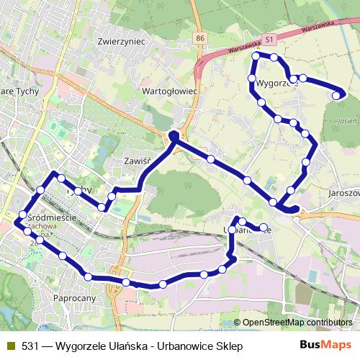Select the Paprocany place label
74,297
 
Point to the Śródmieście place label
51,215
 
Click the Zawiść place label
136,161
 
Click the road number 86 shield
199,36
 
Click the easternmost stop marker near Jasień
336,94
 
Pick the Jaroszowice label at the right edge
343,194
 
